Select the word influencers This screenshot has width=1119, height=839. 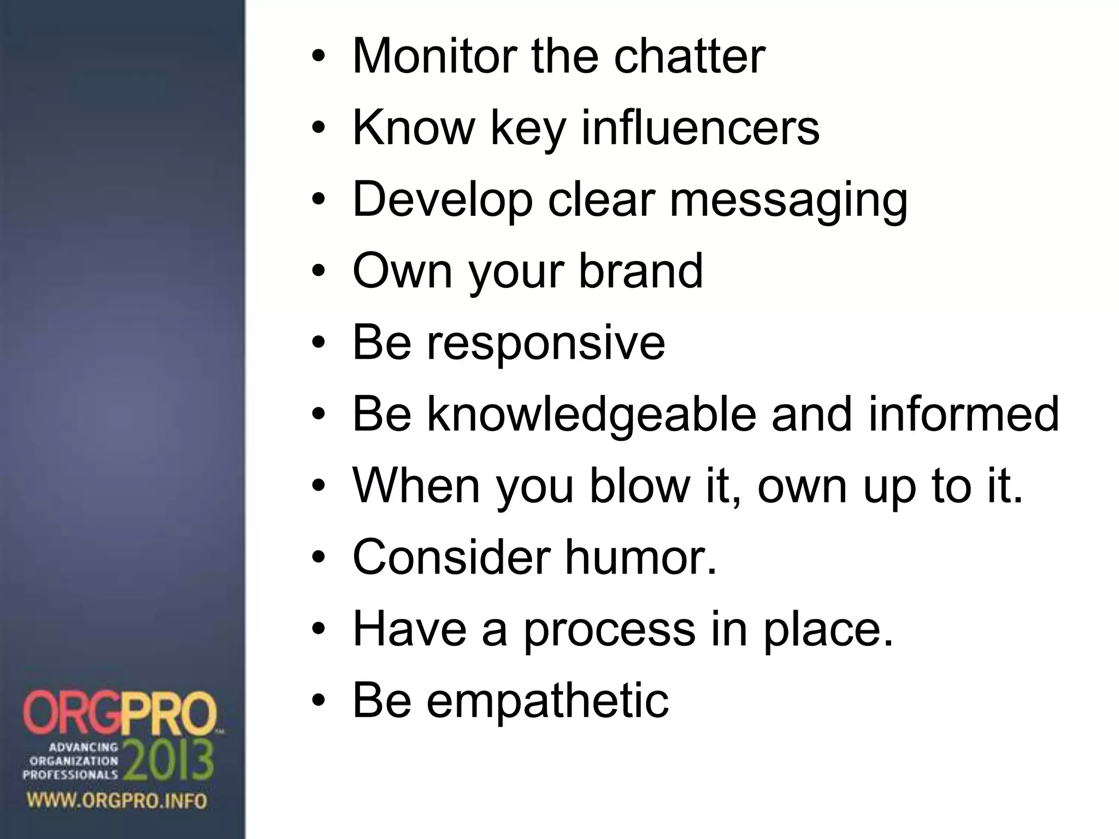[700, 128]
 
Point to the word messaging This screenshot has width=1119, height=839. [788, 201]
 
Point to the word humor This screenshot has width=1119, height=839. [640, 557]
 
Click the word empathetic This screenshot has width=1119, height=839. [547, 701]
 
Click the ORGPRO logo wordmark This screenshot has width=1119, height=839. [120, 714]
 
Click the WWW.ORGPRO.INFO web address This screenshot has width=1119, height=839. [117, 801]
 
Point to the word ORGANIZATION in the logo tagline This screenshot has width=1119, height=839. [74, 760]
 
